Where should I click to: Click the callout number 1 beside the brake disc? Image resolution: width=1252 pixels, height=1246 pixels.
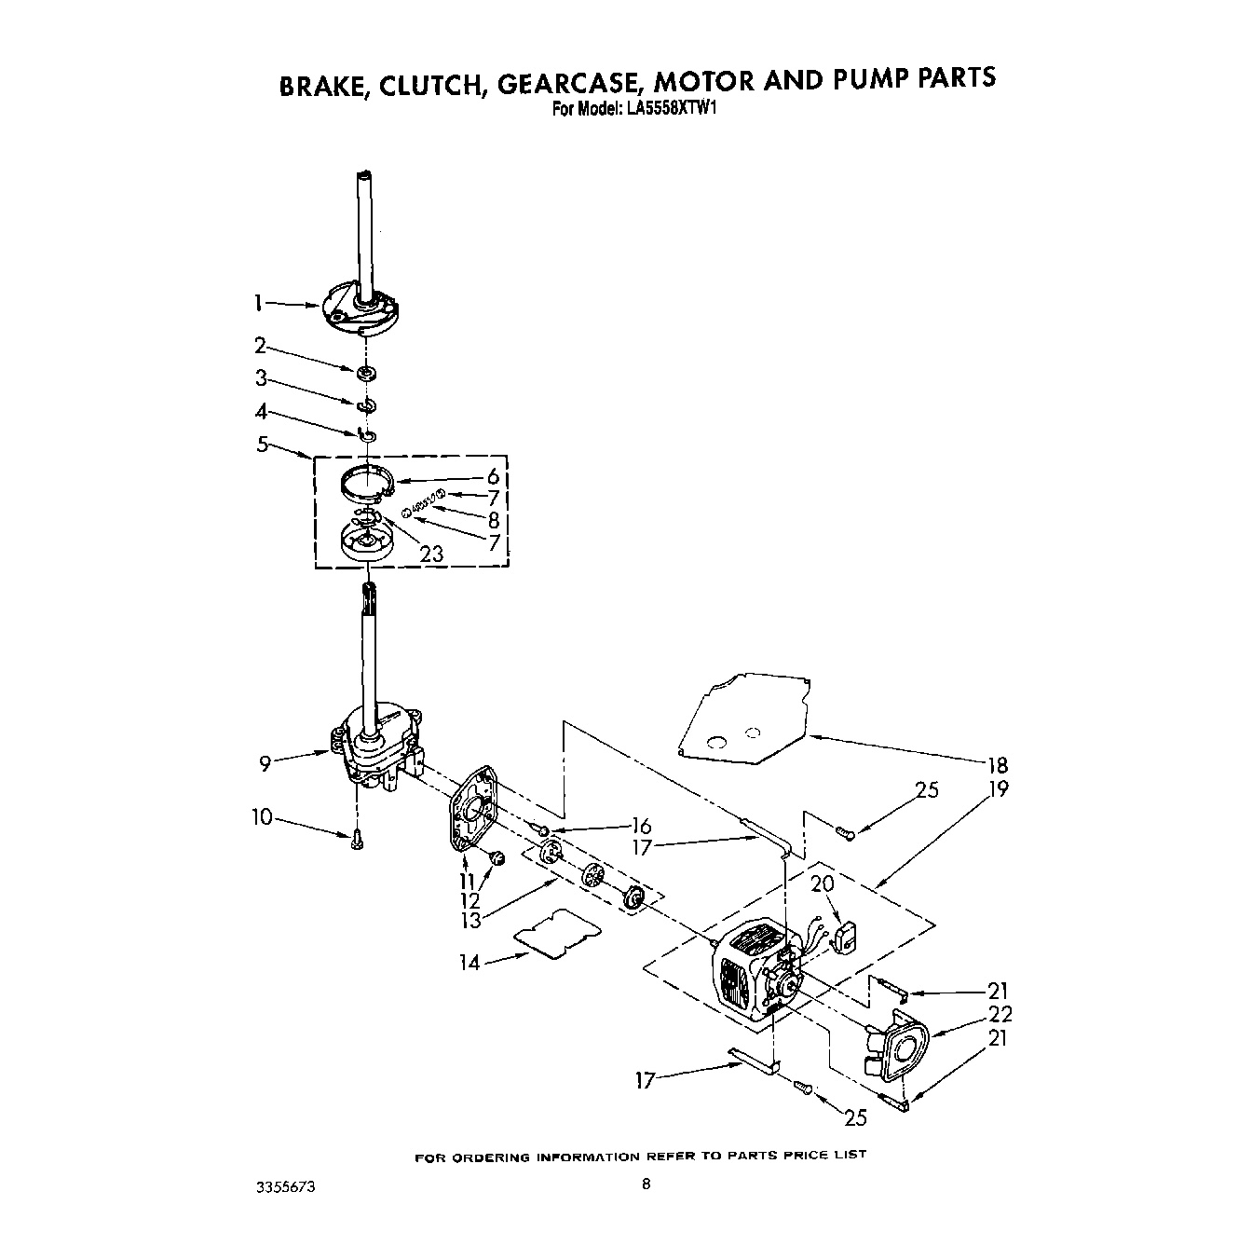[258, 302]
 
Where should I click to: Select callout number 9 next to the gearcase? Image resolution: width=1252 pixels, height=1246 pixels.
[265, 764]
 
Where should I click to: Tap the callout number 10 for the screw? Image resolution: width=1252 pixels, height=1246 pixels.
[262, 817]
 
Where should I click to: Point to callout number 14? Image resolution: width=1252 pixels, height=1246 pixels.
[470, 963]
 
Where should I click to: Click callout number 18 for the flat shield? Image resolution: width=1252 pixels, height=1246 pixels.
[998, 765]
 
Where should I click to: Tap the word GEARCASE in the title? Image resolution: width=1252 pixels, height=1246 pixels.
[562, 79]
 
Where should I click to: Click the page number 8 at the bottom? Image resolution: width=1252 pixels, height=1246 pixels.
[646, 1185]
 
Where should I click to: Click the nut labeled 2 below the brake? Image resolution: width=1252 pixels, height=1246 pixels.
[367, 374]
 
